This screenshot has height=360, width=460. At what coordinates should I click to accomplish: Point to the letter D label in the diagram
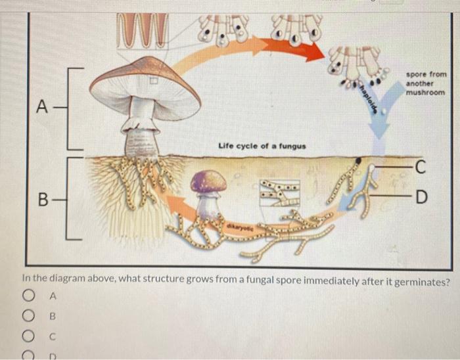[421, 196]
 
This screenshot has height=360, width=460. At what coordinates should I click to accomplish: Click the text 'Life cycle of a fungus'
[252, 144]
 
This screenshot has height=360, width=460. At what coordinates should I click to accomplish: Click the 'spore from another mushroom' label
[426, 83]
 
